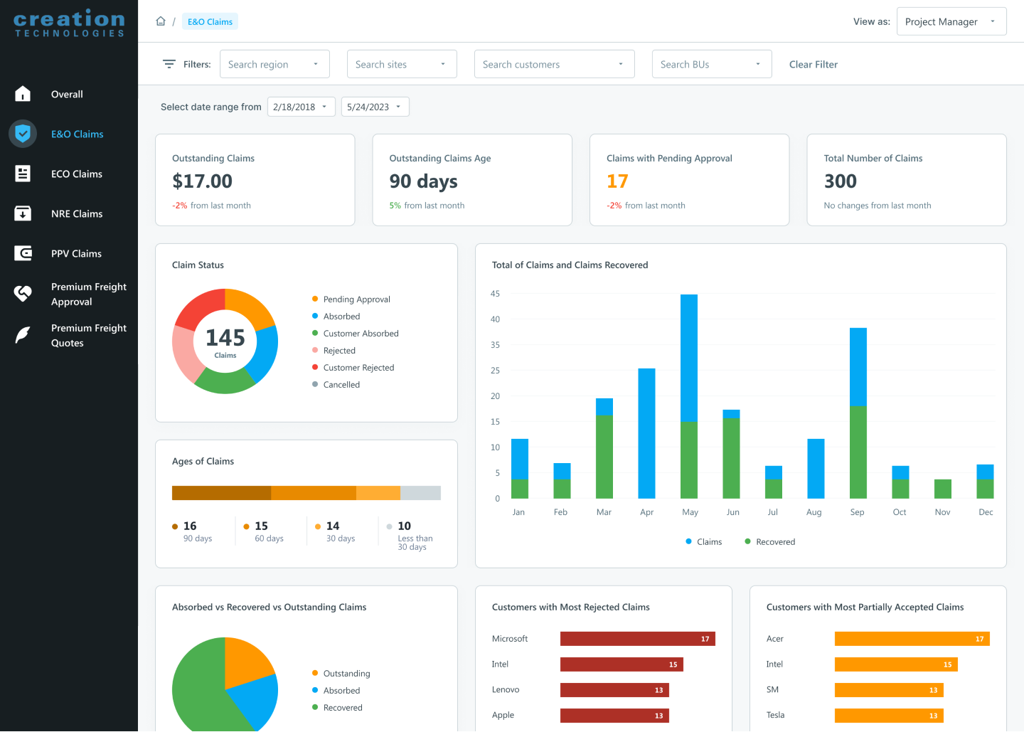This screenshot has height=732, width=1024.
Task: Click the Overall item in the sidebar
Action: pyautogui.click(x=67, y=94)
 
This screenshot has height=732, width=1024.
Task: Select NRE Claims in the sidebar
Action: pyautogui.click(x=77, y=213)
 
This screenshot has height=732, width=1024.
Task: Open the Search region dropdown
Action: pyautogui.click(x=274, y=64)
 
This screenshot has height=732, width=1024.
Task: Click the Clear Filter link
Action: pyautogui.click(x=813, y=64)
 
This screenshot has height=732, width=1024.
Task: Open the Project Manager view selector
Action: pyautogui.click(x=951, y=21)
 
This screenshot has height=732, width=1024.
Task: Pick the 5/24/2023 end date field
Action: pyautogui.click(x=375, y=107)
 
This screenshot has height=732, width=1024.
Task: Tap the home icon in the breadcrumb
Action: pyautogui.click(x=161, y=21)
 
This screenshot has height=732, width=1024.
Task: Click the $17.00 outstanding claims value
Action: pyautogui.click(x=202, y=181)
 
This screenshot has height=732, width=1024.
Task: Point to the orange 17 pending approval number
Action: pyautogui.click(x=617, y=181)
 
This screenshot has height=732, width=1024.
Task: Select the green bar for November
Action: pyautogui.click(x=942, y=489)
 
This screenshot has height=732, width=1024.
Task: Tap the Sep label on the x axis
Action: pyautogui.click(x=857, y=512)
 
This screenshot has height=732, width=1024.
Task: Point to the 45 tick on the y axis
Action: pyautogui.click(x=495, y=294)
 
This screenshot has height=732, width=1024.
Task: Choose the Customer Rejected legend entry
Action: pyautogui.click(x=358, y=368)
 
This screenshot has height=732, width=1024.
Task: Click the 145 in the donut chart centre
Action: pyautogui.click(x=225, y=338)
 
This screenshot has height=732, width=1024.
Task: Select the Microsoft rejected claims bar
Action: pyautogui.click(x=637, y=639)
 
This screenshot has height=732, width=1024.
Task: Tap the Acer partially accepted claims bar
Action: pyautogui.click(x=912, y=639)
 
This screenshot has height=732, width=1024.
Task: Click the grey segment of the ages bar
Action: pyautogui.click(x=420, y=493)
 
